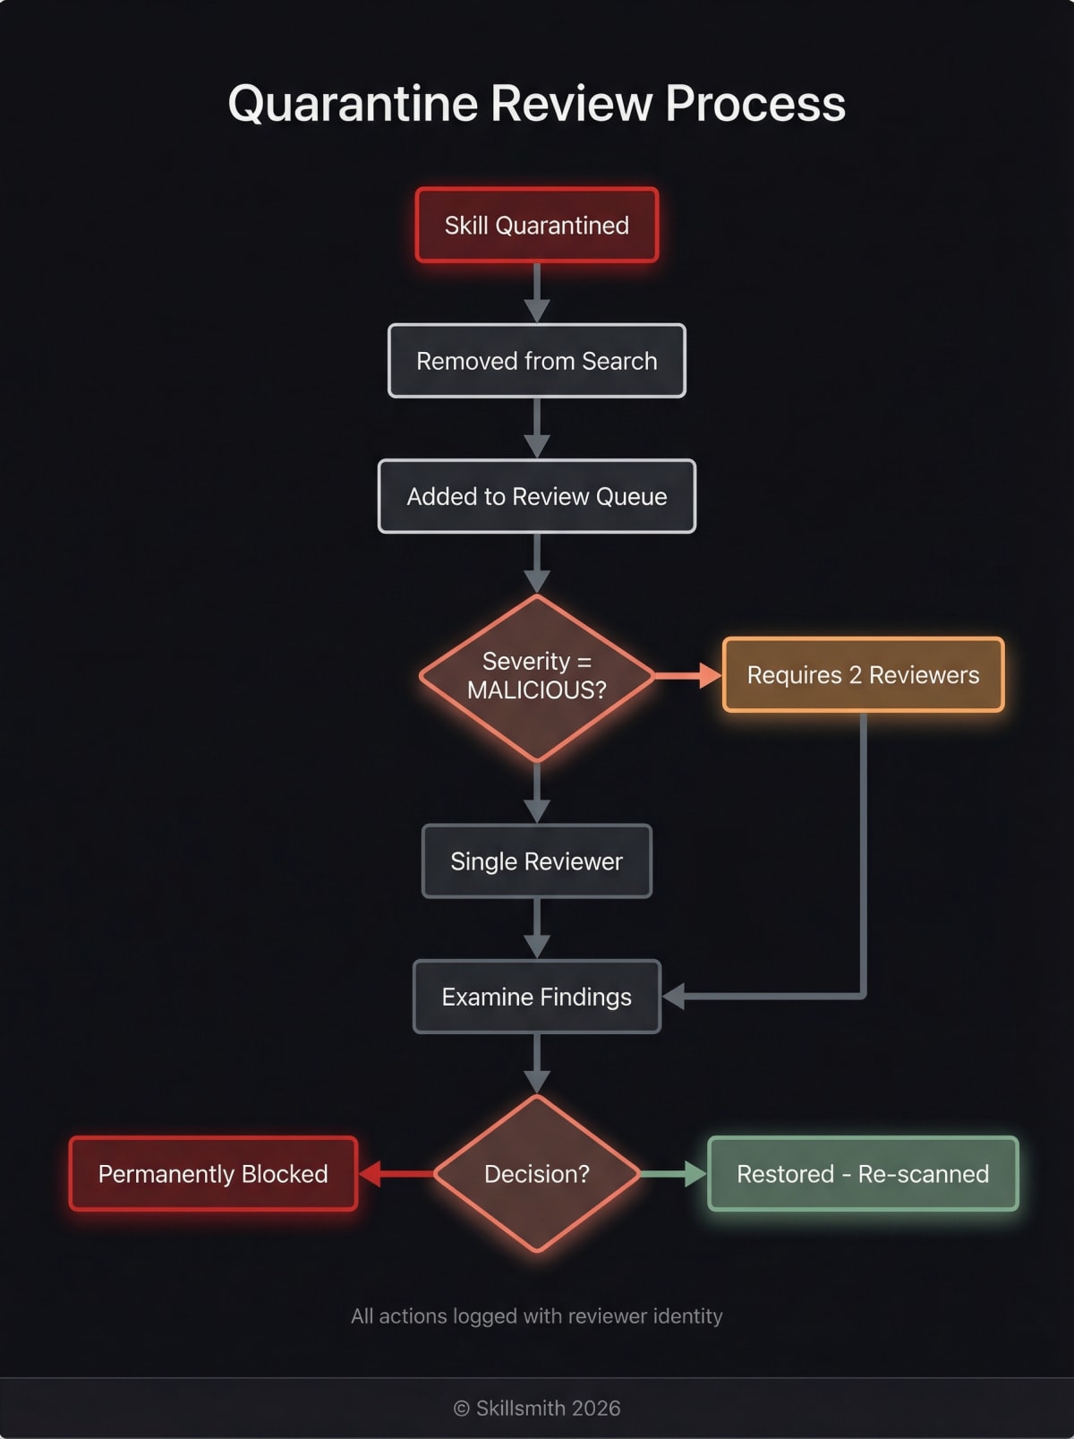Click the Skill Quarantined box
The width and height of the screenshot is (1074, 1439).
[x=537, y=225]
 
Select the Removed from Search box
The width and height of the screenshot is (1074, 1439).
[x=537, y=361]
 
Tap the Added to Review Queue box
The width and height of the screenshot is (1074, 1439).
[x=537, y=496]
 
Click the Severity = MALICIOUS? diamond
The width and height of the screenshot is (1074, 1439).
[x=537, y=677]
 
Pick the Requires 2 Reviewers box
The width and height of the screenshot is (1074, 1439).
[x=863, y=675]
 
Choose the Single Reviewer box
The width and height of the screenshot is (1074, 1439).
[x=537, y=861]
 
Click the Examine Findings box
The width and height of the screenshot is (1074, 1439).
[x=537, y=997]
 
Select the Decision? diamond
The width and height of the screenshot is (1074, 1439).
[x=537, y=1174]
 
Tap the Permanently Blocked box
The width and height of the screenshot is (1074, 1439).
[x=213, y=1174]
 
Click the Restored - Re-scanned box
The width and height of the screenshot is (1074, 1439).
[x=863, y=1174]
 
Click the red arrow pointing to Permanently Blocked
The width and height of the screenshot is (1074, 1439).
[x=394, y=1174]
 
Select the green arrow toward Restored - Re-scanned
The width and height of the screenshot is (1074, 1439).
[x=673, y=1174]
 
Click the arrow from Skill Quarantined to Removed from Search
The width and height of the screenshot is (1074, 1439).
[x=537, y=293]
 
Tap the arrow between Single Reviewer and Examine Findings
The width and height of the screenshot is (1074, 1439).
[x=537, y=929]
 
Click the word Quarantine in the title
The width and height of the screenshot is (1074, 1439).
[x=353, y=104]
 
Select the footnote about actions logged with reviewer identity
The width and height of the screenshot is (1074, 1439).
[x=537, y=1316]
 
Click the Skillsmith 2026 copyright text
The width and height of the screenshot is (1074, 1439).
[x=537, y=1409]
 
